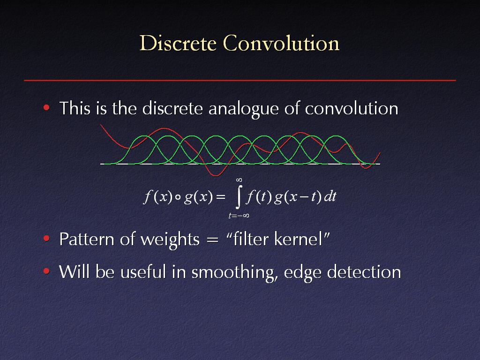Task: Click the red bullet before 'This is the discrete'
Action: (46, 107)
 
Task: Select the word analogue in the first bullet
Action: (243, 109)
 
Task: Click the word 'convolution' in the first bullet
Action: (352, 108)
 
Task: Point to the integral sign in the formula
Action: (239, 196)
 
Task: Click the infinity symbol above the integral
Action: (239, 180)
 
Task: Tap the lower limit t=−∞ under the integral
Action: (239, 216)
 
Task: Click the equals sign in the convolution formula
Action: (220, 197)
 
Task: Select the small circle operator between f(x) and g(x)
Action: (178, 197)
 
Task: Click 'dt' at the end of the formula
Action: (330, 196)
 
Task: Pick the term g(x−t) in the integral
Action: (298, 197)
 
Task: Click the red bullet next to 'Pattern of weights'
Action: (46, 238)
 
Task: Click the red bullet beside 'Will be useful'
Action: (46, 271)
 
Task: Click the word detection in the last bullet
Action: (364, 272)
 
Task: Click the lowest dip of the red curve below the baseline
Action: (216, 176)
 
